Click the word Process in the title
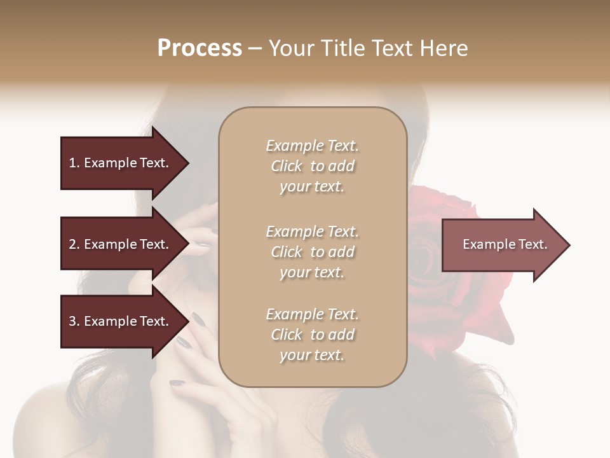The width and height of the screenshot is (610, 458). point(200,48)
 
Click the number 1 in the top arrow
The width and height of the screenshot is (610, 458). point(72,163)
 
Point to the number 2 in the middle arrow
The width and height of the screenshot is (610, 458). point(72,244)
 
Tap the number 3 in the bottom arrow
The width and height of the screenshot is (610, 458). point(72,321)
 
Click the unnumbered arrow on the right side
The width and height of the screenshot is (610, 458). point(502,245)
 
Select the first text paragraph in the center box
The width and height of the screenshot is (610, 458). point(312,166)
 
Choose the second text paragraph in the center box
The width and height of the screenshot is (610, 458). point(312,252)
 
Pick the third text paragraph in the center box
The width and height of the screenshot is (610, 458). point(312,335)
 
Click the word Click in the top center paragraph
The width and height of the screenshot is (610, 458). point(287,166)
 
